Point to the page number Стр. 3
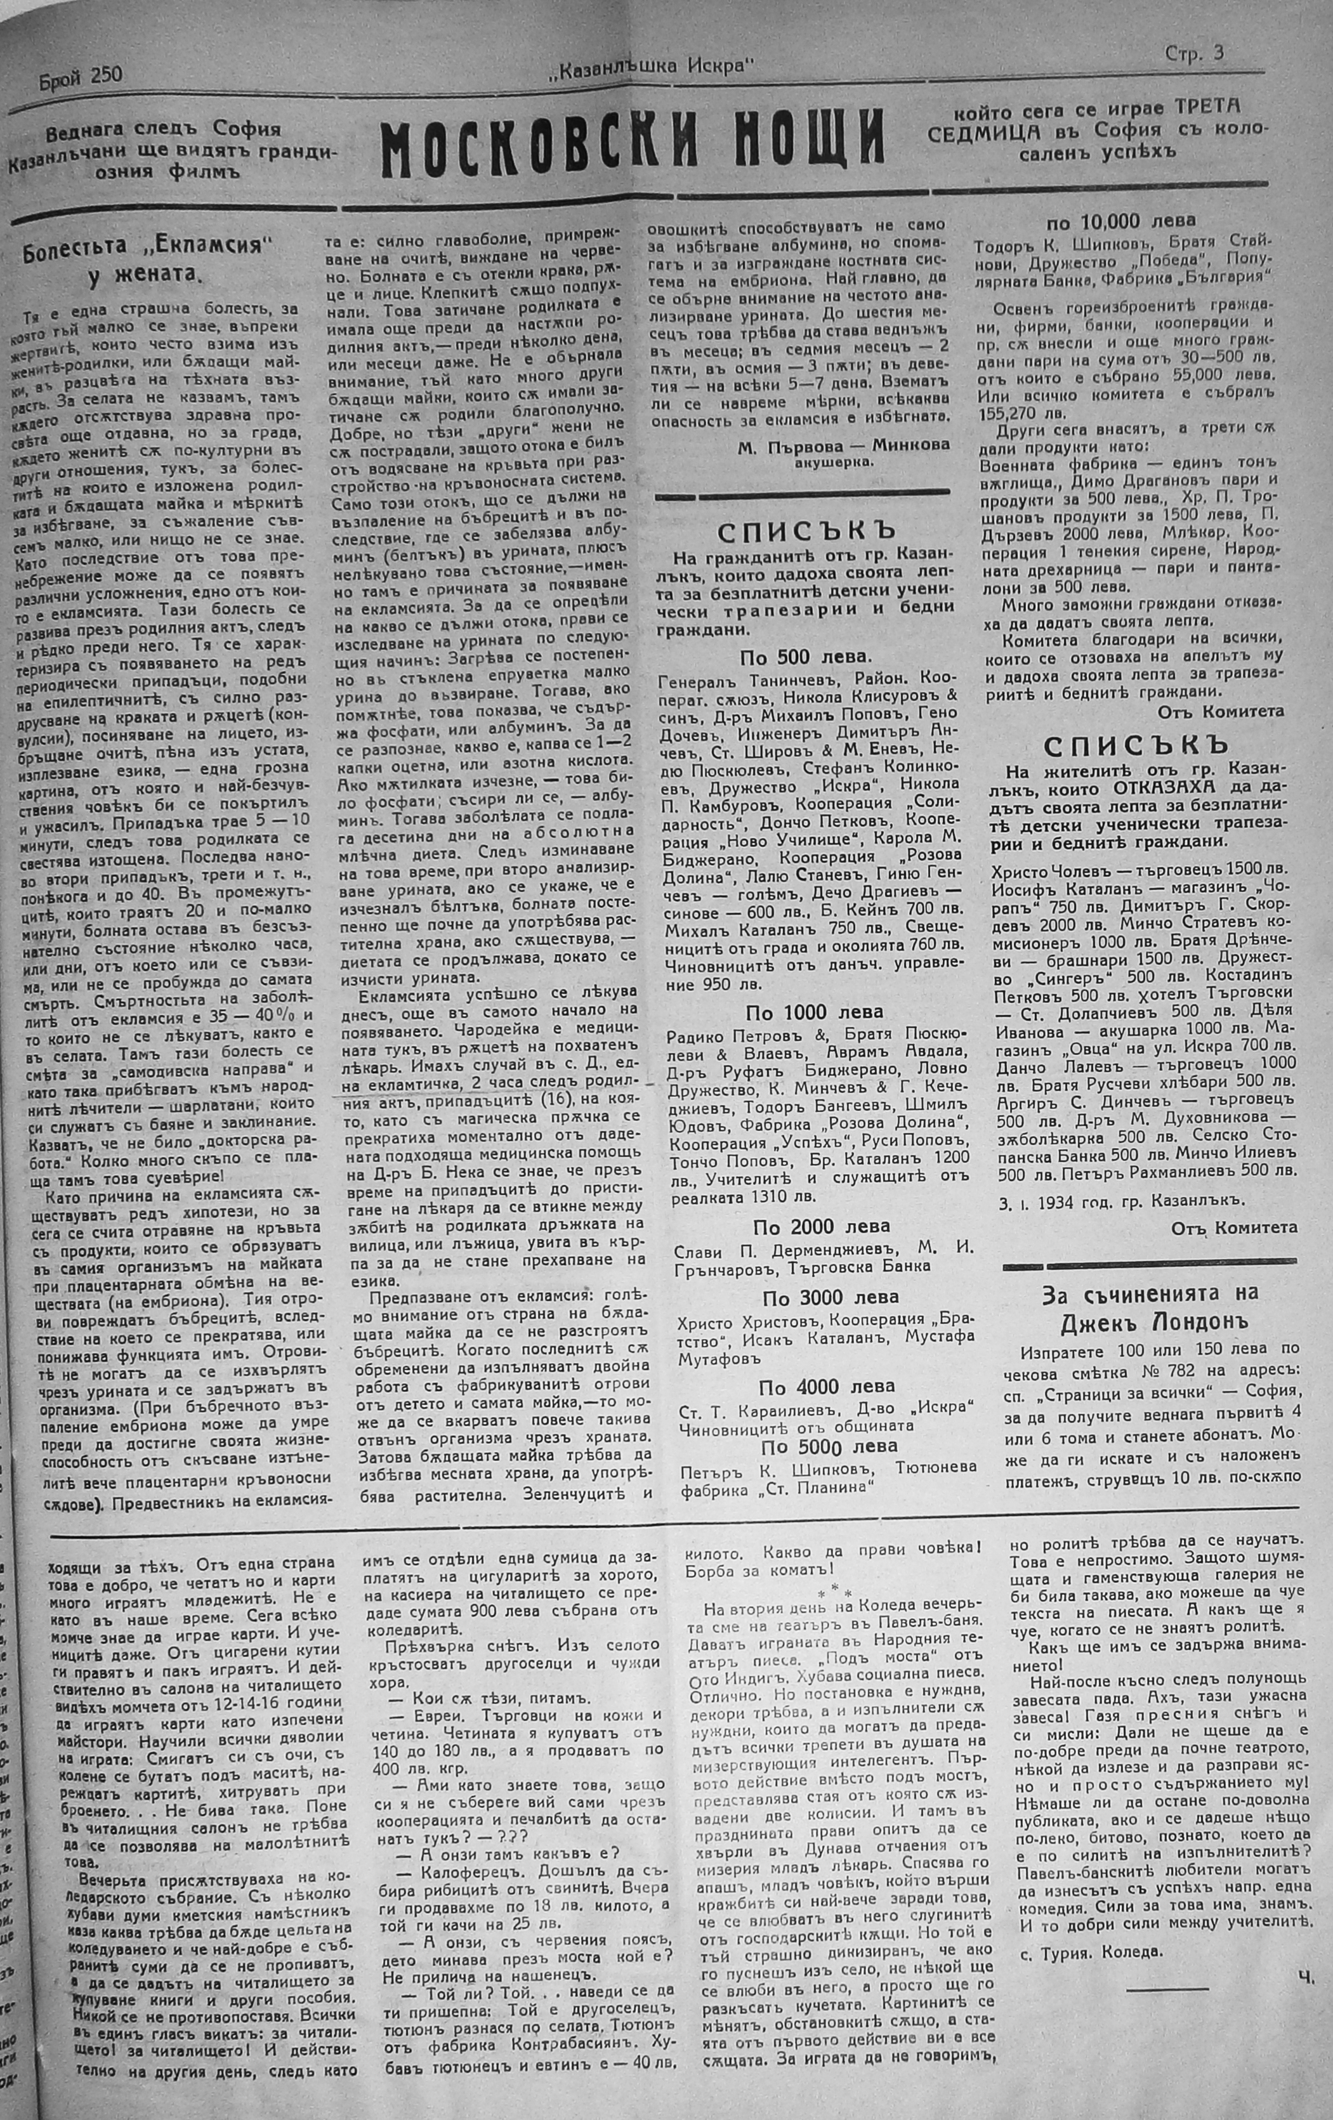(1193, 54)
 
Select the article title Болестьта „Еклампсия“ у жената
(145, 259)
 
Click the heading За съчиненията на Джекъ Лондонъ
(1149, 1305)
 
